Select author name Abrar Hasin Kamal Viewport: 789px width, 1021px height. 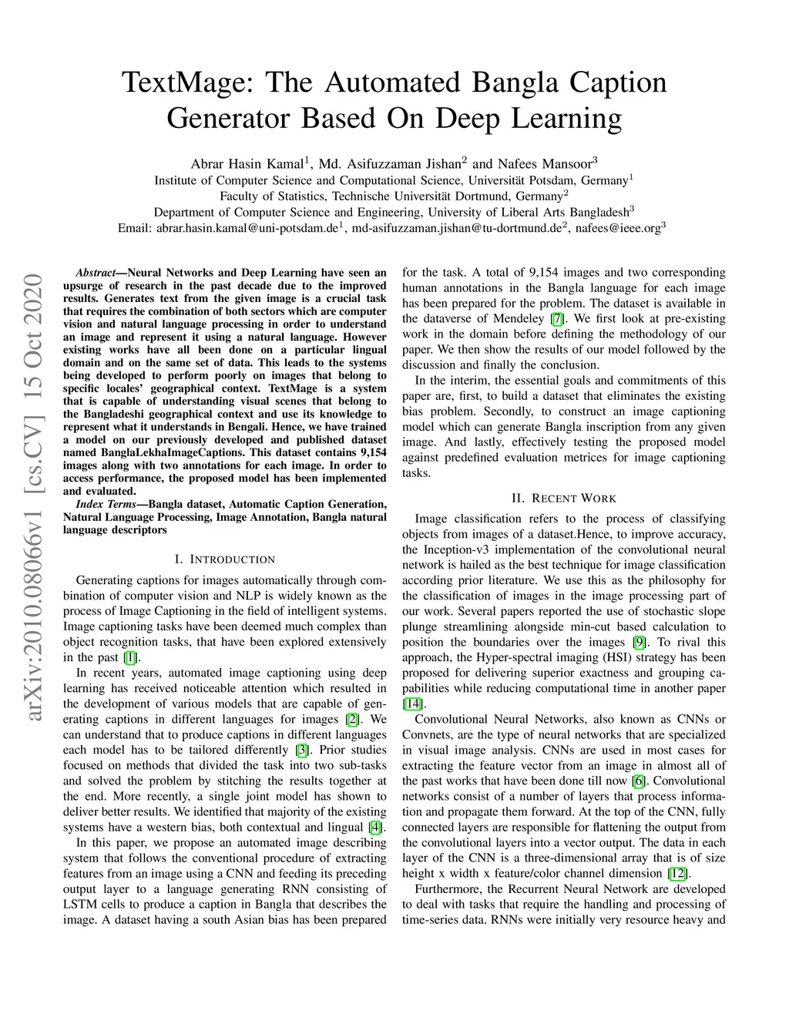(247, 164)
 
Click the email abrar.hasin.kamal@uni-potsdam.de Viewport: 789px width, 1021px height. (247, 228)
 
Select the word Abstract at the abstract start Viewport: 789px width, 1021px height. (95, 273)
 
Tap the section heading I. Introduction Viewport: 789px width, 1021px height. (225, 559)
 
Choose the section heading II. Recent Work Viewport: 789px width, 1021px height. (563, 498)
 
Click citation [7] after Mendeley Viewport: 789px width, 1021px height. (557, 319)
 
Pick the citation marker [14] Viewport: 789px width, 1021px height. (412, 704)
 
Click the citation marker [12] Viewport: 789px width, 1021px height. (678, 874)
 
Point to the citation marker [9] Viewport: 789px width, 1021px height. (640, 643)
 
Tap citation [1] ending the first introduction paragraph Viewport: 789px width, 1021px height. (132, 658)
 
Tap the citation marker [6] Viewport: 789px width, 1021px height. (638, 781)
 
